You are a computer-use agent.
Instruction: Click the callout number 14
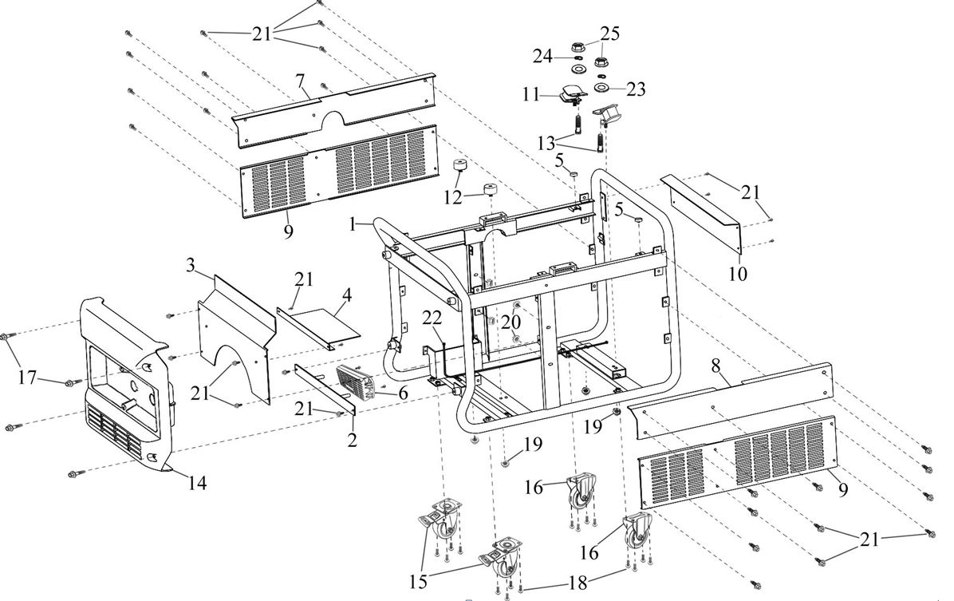tap(197, 483)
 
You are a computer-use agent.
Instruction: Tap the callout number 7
tap(300, 81)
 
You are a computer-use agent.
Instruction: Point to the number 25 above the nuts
tap(609, 34)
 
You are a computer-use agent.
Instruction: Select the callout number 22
tap(432, 318)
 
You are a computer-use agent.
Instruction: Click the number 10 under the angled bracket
tap(739, 274)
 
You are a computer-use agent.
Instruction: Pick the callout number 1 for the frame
tap(353, 226)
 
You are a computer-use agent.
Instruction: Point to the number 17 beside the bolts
tap(28, 377)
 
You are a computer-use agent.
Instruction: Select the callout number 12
tap(453, 196)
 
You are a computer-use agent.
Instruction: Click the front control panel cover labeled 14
tap(120, 375)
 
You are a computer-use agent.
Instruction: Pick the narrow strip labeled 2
tap(323, 391)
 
